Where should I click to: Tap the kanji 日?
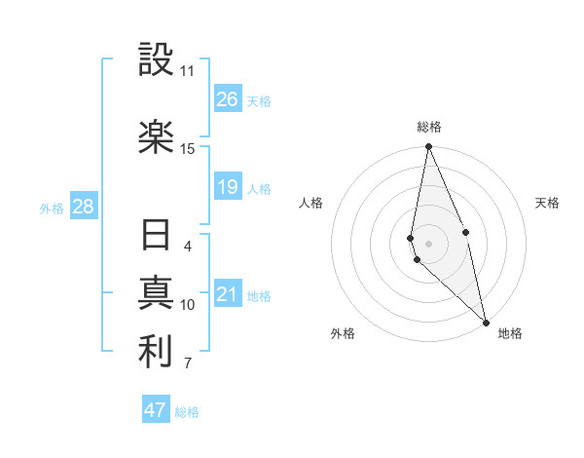[x=156, y=236]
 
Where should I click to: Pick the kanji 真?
[x=156, y=294]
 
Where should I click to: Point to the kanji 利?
[x=156, y=353]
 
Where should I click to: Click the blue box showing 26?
[x=227, y=99]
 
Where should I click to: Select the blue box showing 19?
[x=227, y=187]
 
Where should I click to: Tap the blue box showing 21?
[x=227, y=294]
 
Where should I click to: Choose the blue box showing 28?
[x=83, y=207]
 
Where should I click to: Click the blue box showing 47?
[x=156, y=410]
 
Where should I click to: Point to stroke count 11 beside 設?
[x=187, y=71]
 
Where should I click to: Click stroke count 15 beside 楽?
[x=187, y=149]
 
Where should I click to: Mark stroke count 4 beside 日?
[x=187, y=247]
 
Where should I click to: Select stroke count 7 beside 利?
[x=187, y=364]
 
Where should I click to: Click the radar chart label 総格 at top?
[x=428, y=127]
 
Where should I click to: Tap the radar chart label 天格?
[x=547, y=203]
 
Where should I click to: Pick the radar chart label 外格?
[x=342, y=333]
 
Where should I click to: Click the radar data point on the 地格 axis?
[x=486, y=322]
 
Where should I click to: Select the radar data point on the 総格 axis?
[x=428, y=147]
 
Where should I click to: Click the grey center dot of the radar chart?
[x=428, y=243]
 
